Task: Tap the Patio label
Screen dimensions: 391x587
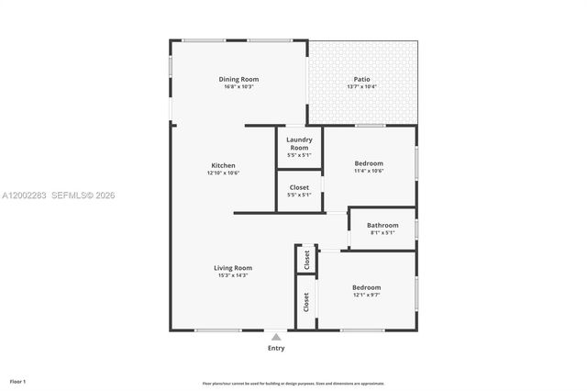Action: point(361,78)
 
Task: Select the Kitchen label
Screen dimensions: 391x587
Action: point(223,165)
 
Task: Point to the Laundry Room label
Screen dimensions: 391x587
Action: point(299,143)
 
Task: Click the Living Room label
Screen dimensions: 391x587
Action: point(233,268)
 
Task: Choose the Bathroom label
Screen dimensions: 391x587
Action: point(382,225)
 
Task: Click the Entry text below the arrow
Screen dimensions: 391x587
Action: point(276,349)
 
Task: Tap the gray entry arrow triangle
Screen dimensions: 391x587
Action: point(276,337)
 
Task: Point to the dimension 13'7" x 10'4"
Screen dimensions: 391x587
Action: point(361,86)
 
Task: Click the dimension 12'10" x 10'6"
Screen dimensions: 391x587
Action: point(223,173)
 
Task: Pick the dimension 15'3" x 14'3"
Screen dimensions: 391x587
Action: point(233,275)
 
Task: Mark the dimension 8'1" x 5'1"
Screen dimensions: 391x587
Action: point(382,233)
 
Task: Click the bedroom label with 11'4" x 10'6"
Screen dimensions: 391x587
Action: point(369,162)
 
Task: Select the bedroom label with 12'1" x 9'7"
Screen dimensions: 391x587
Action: point(366,287)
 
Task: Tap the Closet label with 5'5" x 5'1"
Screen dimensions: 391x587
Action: point(299,187)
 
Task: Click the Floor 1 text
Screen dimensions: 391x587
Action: point(18,381)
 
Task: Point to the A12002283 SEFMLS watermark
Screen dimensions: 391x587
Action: point(60,195)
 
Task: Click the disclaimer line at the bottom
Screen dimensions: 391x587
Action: point(293,384)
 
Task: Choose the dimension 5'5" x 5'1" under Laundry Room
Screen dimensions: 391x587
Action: point(299,155)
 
